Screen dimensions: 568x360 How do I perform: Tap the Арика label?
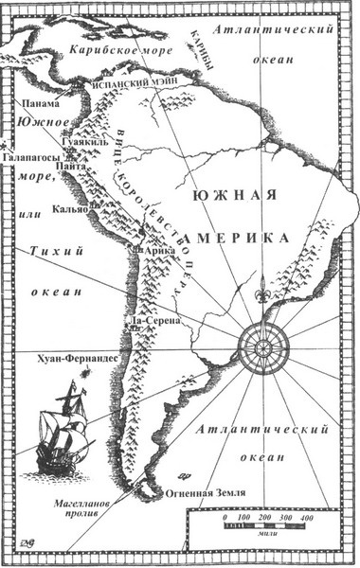(149, 249)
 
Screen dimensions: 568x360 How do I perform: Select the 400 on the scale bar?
(306, 521)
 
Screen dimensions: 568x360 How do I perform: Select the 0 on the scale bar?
(224, 521)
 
